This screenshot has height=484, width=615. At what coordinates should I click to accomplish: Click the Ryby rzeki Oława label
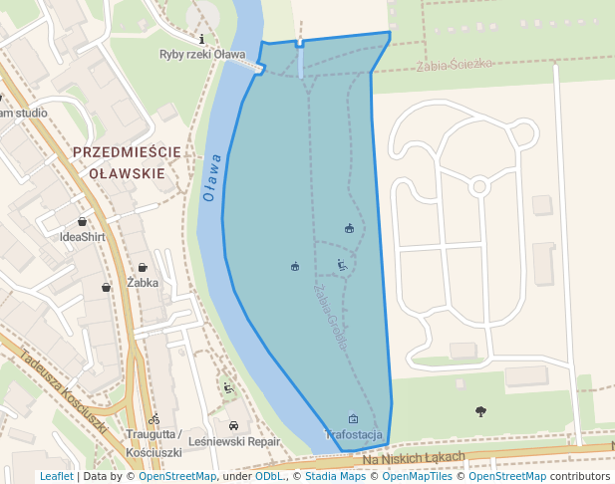click(x=202, y=54)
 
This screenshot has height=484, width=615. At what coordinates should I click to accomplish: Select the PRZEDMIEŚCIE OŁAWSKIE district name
click(x=127, y=162)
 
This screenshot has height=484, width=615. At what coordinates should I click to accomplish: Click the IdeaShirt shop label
click(x=83, y=237)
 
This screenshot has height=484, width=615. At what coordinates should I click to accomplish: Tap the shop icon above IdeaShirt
click(x=83, y=221)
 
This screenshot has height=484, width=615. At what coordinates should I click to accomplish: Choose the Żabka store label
click(x=143, y=282)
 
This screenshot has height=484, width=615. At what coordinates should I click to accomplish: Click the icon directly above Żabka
click(x=143, y=267)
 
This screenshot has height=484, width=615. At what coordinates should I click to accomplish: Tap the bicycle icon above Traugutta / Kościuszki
click(x=154, y=419)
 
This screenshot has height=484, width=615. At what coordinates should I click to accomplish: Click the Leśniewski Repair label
click(x=234, y=440)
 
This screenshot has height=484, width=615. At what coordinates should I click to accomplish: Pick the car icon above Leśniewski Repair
click(x=233, y=424)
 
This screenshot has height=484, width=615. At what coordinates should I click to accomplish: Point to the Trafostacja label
click(x=353, y=435)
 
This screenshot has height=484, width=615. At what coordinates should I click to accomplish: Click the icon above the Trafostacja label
click(x=353, y=419)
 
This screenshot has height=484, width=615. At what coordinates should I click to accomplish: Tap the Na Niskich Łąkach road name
click(x=414, y=457)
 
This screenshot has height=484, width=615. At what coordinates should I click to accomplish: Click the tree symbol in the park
click(x=480, y=410)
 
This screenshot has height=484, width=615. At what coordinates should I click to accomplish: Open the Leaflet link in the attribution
click(x=56, y=476)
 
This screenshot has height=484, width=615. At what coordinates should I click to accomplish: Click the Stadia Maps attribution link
click(x=333, y=476)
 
